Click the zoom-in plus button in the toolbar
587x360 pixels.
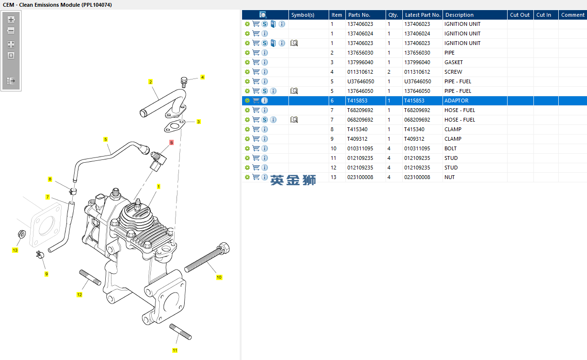coord(11,20)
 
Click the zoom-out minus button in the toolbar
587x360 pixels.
coord(11,31)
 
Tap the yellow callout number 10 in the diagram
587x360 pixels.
coord(219,277)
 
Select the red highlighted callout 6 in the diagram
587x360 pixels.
coord(171,142)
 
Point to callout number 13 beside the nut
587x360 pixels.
coord(15,250)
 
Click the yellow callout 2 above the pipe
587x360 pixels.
coord(150,82)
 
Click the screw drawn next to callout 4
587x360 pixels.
coord(184,82)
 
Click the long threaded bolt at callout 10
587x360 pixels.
coord(207,258)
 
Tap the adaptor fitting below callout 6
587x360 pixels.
coord(158,161)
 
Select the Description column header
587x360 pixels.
coord(459,15)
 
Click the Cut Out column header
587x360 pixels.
coord(520,15)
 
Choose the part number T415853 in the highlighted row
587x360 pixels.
coord(357,101)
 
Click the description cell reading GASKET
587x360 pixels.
coord(454,62)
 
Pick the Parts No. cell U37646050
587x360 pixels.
coord(361,81)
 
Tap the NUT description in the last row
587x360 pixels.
coord(449,177)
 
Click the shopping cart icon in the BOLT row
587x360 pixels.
coord(256,148)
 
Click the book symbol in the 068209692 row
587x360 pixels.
coord(294,120)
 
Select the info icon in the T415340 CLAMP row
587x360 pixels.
coord(265,129)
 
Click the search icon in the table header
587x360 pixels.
coord(263,15)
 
